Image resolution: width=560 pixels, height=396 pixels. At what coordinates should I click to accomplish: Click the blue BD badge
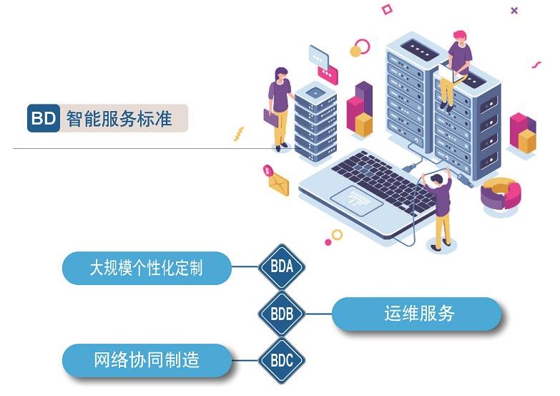43,119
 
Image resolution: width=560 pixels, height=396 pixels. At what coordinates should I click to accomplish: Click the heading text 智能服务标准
119,119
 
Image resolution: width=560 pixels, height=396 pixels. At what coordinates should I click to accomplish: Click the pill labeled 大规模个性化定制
147,269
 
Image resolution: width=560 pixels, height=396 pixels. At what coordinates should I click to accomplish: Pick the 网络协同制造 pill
147,360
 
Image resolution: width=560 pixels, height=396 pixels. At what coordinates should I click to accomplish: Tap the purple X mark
514,11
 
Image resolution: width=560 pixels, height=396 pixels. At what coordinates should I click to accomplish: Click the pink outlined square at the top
387,9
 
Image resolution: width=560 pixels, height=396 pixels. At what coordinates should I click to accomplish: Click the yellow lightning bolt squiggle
239,134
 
